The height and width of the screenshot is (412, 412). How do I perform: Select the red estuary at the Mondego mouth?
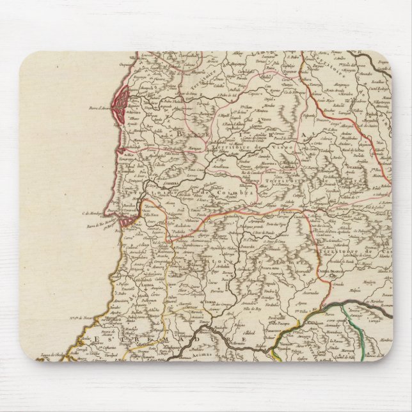click(127, 219)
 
